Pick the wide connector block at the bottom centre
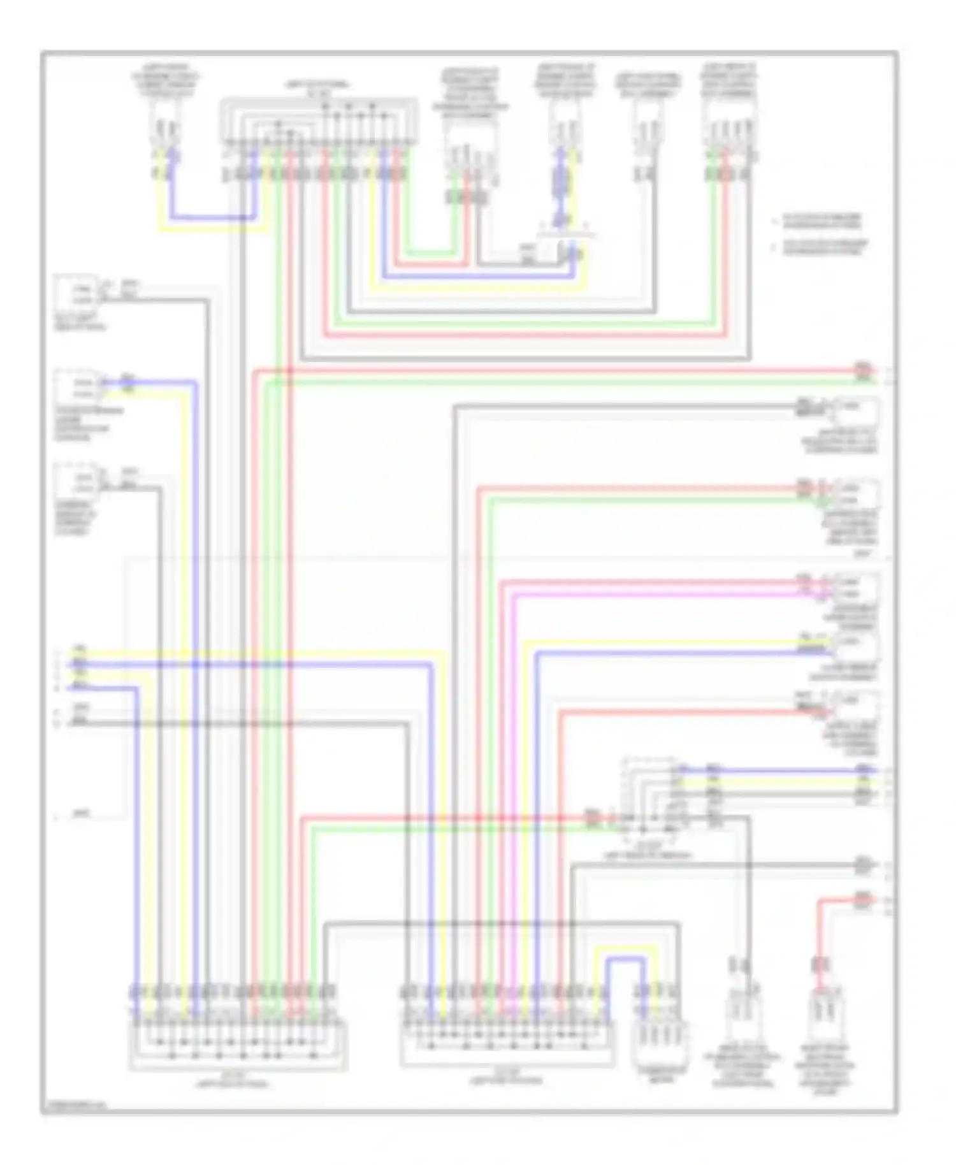tap(507, 1043)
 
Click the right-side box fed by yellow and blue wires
tap(857, 646)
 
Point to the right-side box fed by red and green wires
tap(857, 494)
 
